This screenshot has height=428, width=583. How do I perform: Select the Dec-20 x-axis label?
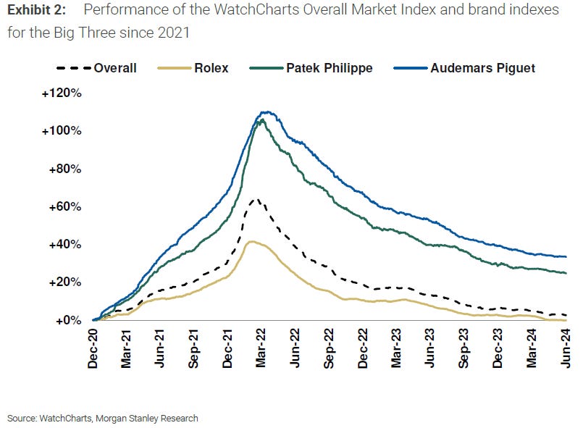click(93, 349)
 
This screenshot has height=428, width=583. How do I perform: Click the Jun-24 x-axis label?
click(566, 349)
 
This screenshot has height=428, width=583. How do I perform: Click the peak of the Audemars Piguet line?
click(266, 112)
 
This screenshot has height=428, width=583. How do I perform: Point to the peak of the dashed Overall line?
click(254, 198)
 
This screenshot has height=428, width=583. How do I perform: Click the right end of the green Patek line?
click(566, 273)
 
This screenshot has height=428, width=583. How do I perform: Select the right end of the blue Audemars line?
click(566, 256)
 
